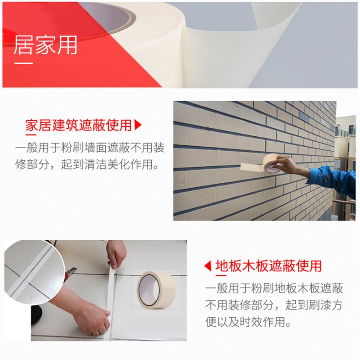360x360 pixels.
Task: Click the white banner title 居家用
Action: (45, 45)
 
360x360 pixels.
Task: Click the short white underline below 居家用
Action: (24, 63)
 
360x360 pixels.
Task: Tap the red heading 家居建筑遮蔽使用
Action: (78, 125)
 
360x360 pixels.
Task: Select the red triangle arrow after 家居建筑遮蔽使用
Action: (138, 125)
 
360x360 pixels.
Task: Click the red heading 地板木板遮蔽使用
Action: (268, 266)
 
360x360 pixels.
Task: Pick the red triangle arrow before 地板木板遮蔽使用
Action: (208, 266)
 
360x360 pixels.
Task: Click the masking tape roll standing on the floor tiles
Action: (156, 289)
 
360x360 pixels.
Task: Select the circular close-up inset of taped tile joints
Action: (35, 273)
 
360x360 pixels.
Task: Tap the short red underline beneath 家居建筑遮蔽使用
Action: (31, 134)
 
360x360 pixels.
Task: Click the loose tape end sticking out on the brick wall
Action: (252, 167)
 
